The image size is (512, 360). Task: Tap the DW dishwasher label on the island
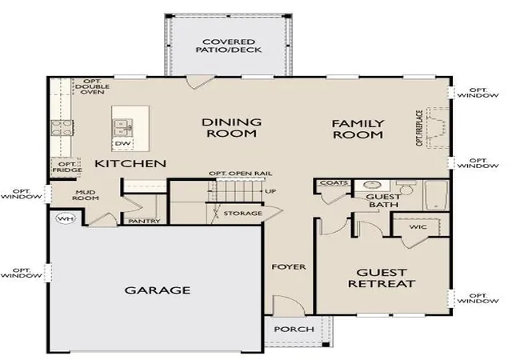(x=122, y=144)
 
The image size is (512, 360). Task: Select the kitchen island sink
(x=123, y=128)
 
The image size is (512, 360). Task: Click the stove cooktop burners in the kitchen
(x=62, y=127)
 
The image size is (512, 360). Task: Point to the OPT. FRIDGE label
(x=67, y=167)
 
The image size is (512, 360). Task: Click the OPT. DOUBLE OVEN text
(x=93, y=86)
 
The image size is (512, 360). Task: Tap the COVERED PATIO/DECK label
(x=229, y=46)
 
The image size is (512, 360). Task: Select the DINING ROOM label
(x=231, y=128)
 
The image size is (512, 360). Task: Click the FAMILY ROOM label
(x=358, y=129)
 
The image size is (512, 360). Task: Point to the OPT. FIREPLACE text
(x=420, y=128)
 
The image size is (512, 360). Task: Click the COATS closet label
(x=334, y=183)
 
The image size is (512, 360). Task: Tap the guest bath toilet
(x=405, y=187)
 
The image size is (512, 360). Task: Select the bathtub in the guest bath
(x=436, y=195)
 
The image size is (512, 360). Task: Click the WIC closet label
(x=418, y=226)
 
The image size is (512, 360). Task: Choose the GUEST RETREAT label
(x=382, y=278)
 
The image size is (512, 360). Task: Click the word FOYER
(x=289, y=267)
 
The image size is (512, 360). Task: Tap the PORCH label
(x=294, y=330)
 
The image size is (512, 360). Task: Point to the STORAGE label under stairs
(x=242, y=214)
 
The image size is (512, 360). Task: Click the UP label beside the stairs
(x=270, y=191)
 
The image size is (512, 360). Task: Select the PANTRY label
(x=144, y=221)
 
